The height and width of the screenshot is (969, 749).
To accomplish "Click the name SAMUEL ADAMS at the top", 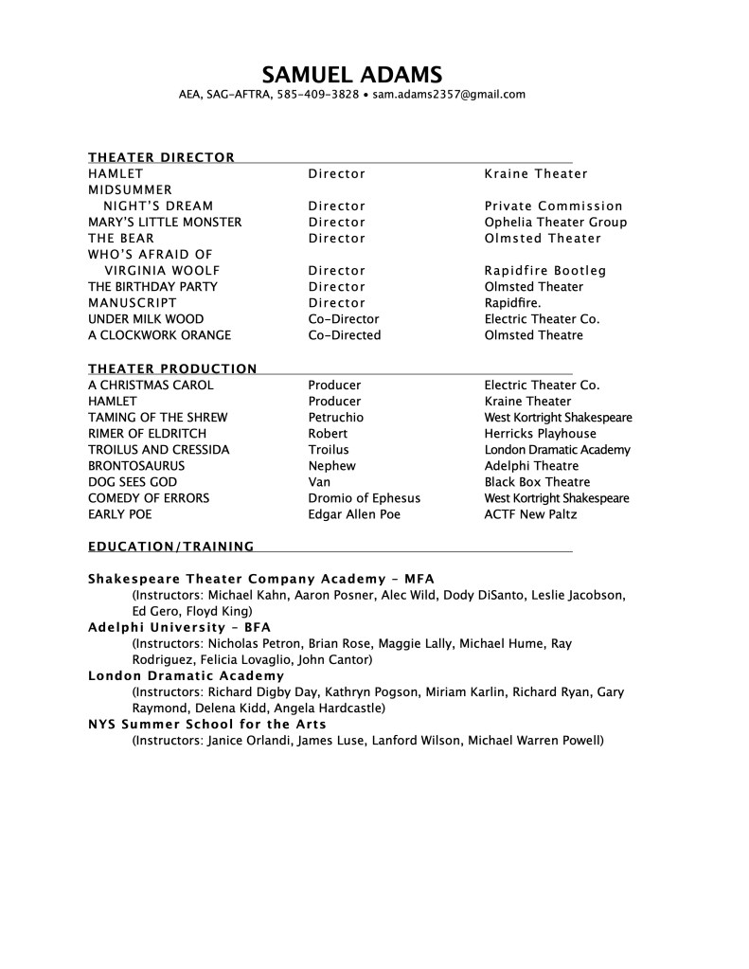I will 351,74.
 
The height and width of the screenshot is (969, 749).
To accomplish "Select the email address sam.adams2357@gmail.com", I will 449,95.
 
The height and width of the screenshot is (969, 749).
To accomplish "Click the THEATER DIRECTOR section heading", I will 161,157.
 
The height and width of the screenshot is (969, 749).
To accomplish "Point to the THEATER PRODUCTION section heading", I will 172,368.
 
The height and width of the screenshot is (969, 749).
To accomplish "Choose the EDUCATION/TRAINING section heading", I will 170,547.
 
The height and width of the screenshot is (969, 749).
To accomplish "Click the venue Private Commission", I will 553,206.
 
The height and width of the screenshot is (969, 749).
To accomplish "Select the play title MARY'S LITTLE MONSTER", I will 165,222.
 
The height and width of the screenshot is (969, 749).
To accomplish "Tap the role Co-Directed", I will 344,335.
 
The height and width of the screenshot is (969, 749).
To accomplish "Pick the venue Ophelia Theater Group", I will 555,222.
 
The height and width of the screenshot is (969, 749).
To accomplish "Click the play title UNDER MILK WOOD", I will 146,319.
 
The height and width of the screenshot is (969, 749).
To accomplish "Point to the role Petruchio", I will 335,417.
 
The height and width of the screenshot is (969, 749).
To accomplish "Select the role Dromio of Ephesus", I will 364,498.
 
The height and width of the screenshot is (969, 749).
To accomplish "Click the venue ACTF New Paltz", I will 530,514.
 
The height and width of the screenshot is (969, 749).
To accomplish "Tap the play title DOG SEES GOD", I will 133,482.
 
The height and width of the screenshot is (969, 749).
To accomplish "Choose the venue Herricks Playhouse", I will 540,434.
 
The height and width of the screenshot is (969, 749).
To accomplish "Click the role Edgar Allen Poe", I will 354,514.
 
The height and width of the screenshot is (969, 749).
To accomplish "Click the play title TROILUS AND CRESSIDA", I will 158,450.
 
